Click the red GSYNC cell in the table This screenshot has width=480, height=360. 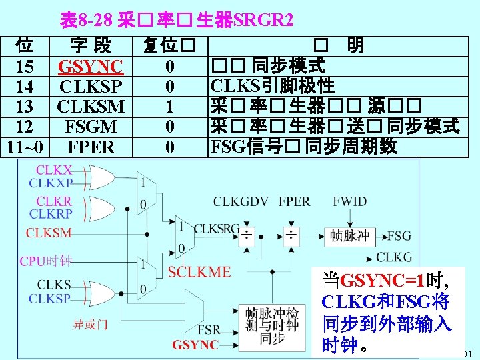pos(91,67)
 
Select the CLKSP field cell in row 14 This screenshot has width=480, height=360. pos(91,87)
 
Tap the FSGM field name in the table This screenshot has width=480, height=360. pos(91,127)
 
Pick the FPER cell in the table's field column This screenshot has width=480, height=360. pos(91,147)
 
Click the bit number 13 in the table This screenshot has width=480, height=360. pos(25,107)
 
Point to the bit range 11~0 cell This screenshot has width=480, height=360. pos(25,147)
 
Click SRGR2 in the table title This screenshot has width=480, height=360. pos(262,20)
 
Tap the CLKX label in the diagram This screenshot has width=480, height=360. pos(54,171)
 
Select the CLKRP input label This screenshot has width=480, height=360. pos(54,213)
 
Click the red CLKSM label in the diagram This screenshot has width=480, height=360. pos(49,233)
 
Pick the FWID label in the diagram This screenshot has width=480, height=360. pos(349,201)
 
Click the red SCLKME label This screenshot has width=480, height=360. pos(199,271)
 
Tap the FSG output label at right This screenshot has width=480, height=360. pos(399,235)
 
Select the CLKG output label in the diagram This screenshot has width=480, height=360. pos(395,257)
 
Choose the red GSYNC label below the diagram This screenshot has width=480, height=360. pos(195,345)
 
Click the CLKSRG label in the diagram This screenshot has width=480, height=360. pos(216,229)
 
